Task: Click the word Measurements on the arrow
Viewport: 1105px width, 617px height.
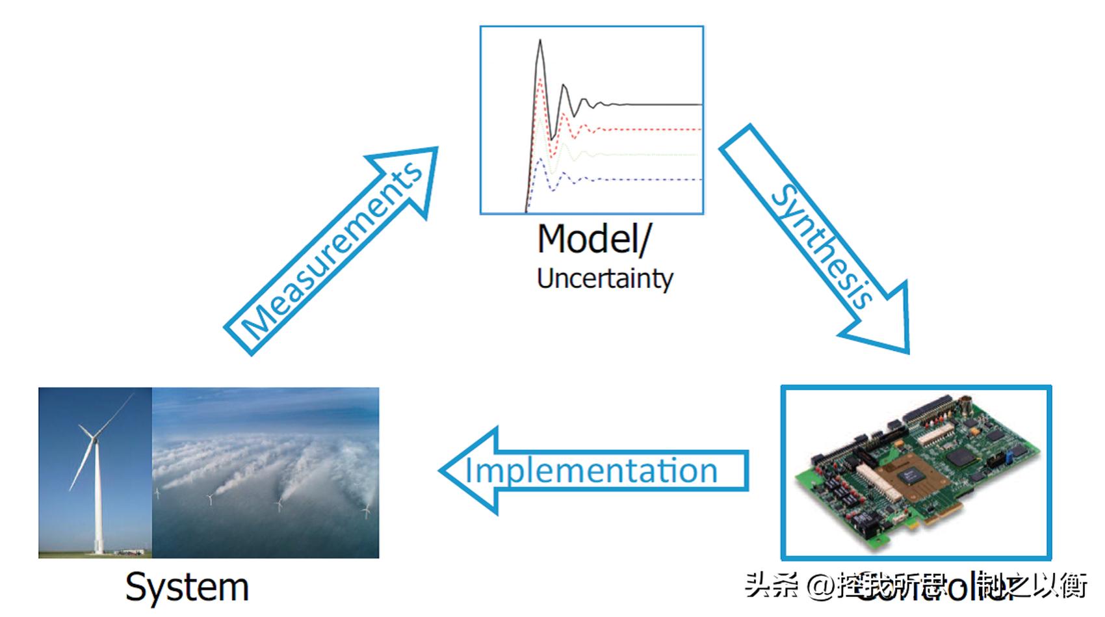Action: [331, 251]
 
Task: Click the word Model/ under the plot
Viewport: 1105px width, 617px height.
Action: [593, 239]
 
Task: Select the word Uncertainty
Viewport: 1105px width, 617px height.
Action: [604, 279]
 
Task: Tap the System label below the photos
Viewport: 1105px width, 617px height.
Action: [187, 586]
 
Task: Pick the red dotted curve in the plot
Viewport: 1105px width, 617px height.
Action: [650, 129]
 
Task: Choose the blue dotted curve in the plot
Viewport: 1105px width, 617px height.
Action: [650, 179]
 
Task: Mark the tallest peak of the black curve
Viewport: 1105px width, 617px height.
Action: [539, 42]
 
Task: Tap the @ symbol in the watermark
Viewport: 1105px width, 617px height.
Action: [820, 586]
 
